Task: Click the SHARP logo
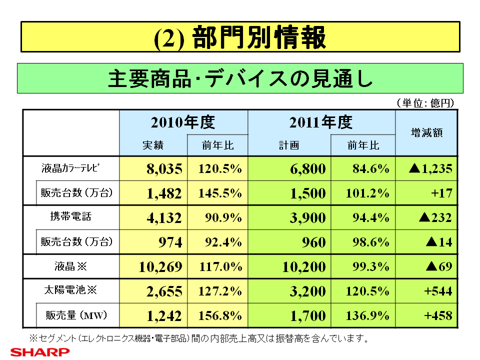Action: (40, 352)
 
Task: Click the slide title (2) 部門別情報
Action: (240, 37)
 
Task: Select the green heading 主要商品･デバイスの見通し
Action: (240, 78)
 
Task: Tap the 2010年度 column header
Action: (183, 122)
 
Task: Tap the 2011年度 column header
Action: (321, 122)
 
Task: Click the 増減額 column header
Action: (426, 133)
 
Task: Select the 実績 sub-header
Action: (153, 145)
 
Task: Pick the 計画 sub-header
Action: (289, 145)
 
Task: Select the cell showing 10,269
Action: (160, 266)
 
